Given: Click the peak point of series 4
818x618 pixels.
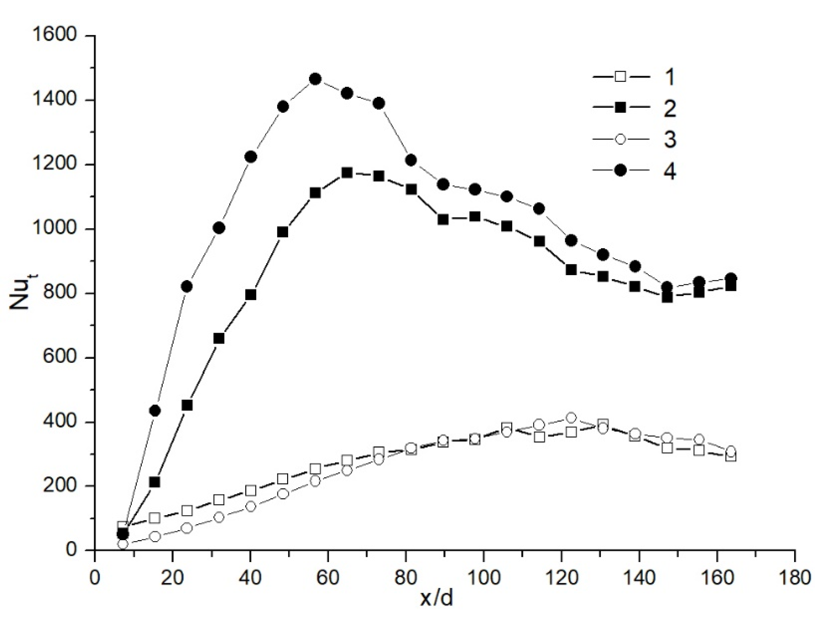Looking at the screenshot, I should tap(315, 79).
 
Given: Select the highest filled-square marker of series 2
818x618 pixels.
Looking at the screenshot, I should tap(347, 173).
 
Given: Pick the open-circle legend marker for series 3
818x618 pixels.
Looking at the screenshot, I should tap(620, 139).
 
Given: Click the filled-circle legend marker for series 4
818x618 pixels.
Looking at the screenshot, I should tap(620, 170).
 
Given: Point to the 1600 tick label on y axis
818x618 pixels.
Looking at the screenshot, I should tap(54, 36).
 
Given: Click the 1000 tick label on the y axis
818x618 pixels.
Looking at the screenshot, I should tap(54, 229).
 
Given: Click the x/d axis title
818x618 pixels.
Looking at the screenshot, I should tap(436, 599).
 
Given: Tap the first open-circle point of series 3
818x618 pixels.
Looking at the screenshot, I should tap(123, 544).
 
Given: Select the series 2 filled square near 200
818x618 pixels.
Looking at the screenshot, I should tap(155, 482).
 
